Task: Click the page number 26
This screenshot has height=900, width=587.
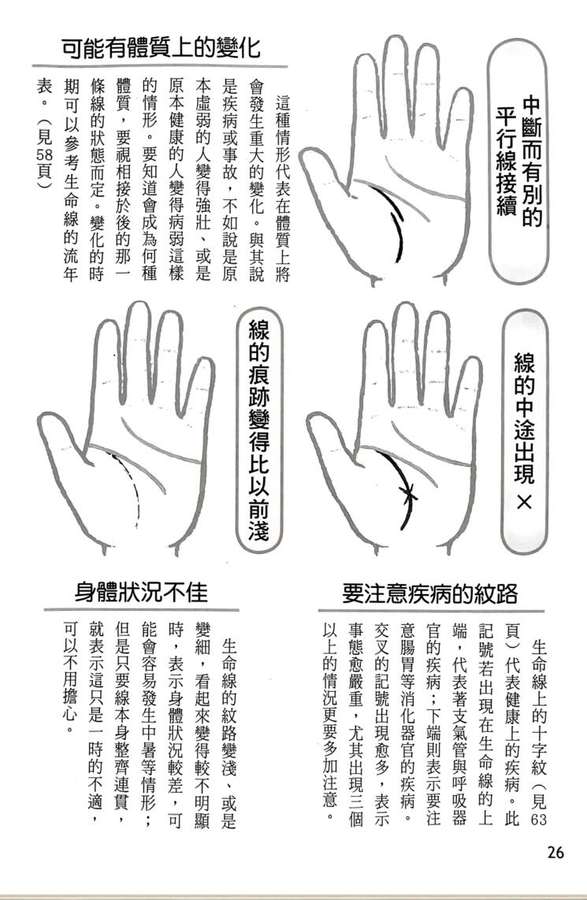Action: (x=555, y=852)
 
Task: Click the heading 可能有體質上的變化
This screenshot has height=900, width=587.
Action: (x=161, y=47)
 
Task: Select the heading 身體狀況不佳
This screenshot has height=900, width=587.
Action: (x=141, y=592)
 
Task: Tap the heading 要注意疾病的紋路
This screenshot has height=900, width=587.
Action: (x=430, y=593)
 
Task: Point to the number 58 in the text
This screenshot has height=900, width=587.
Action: (x=44, y=156)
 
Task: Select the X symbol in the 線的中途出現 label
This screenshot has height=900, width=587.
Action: (x=524, y=502)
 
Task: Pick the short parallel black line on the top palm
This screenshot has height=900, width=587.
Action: (x=398, y=221)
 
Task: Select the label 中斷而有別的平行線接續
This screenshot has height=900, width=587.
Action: (x=518, y=160)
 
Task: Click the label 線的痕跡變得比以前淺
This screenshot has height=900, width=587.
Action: (x=258, y=430)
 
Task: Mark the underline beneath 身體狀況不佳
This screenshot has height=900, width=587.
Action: (x=141, y=609)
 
